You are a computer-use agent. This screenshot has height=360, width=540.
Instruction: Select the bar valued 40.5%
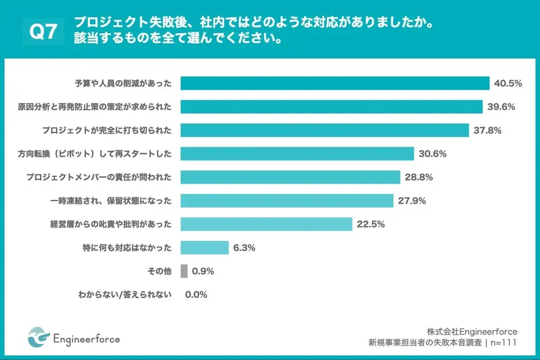coord(335,83)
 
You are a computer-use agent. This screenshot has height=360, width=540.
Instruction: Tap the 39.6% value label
coord(501,107)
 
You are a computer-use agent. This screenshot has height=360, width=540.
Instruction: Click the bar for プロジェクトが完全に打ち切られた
coord(325,130)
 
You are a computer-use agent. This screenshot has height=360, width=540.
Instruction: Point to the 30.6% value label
coord(432,154)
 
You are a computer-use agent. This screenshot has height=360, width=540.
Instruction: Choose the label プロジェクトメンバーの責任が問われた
coord(99,177)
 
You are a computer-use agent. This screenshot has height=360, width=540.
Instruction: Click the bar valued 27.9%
coord(287,201)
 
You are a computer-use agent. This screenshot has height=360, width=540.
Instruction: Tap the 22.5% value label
coord(371,224)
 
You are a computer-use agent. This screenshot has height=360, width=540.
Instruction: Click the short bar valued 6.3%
coord(205,248)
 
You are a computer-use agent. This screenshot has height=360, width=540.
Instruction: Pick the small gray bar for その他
coord(184,271)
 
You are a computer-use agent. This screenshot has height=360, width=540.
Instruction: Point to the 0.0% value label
coord(196,295)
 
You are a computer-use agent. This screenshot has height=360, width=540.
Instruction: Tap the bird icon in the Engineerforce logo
coord(38,338)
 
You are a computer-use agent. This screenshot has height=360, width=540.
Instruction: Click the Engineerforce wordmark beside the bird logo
coord(87,338)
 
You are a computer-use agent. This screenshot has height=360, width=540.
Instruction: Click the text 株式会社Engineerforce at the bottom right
coord(472,332)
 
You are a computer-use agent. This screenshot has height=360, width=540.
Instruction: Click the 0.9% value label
coord(203,271)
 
